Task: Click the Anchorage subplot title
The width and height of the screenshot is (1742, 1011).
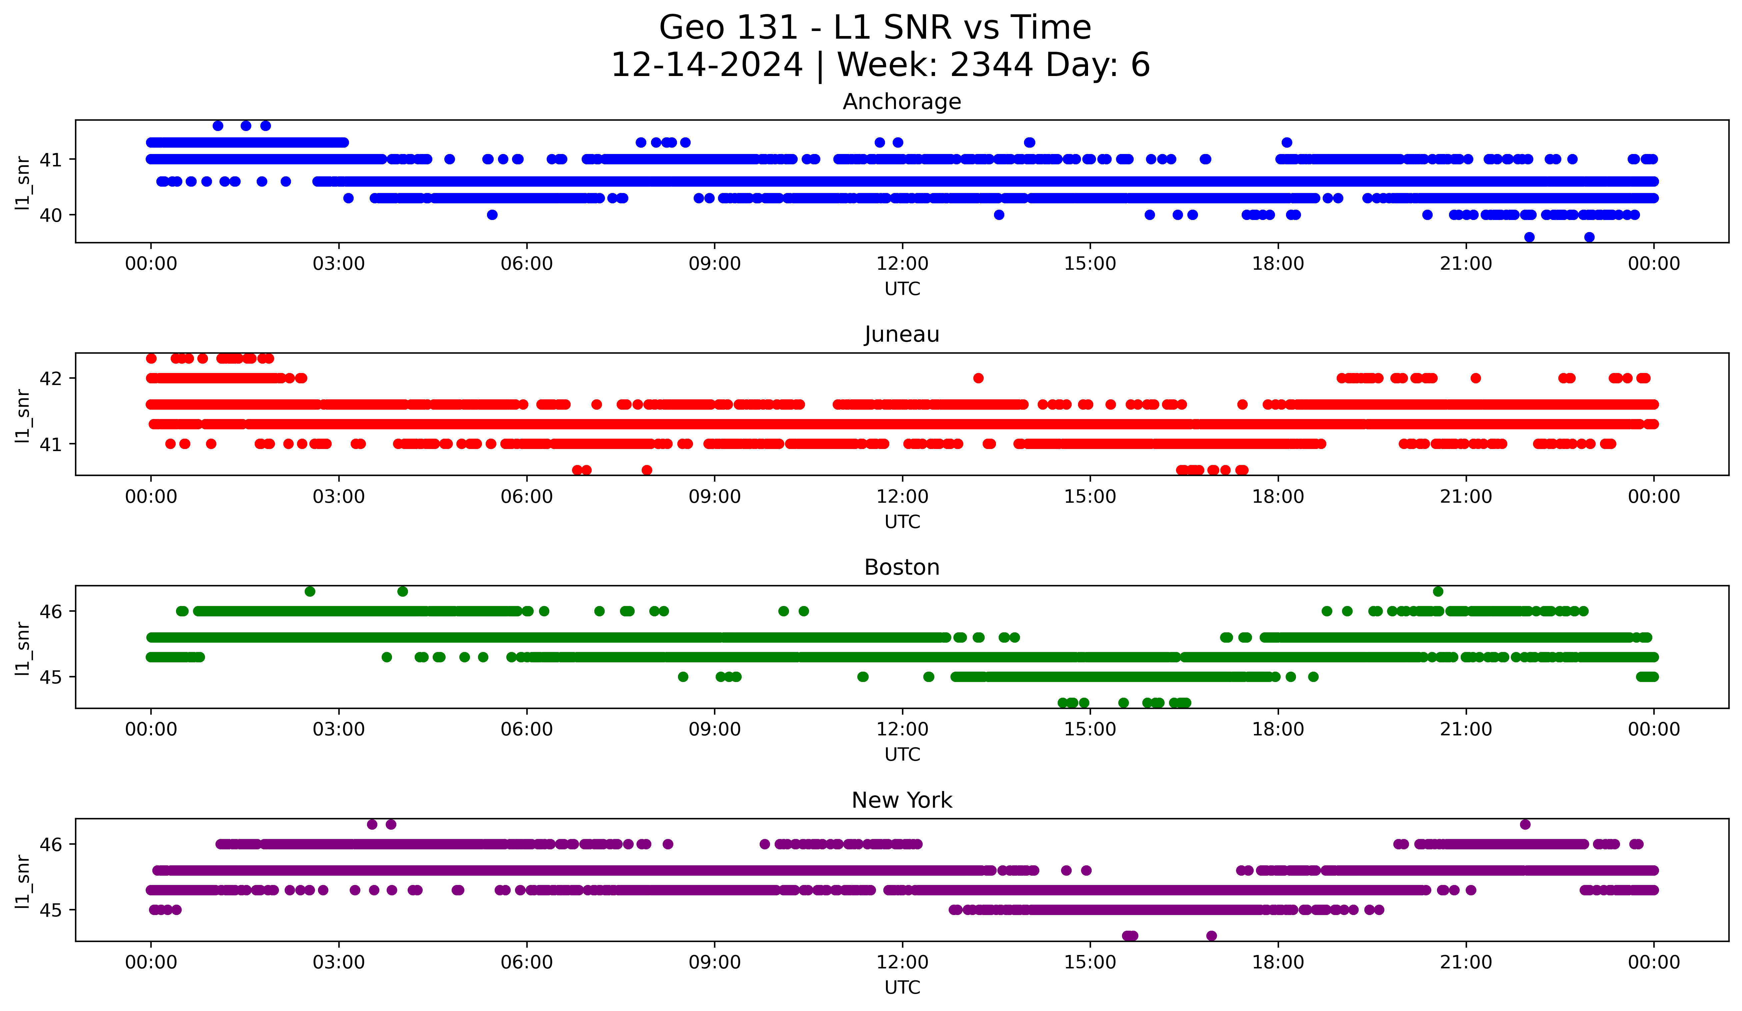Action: [901, 102]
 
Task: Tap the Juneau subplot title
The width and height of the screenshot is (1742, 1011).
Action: [901, 334]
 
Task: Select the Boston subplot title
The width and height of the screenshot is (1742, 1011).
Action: [901, 567]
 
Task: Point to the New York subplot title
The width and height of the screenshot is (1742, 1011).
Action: [901, 800]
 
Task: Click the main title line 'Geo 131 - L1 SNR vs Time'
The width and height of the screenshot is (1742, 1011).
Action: [875, 28]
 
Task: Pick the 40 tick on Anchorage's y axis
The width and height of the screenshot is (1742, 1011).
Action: [50, 215]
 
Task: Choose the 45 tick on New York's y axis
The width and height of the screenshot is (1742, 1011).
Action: [50, 910]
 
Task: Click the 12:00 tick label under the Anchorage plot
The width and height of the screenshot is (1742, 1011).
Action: [902, 264]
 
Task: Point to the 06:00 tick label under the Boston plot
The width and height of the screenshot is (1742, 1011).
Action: [527, 730]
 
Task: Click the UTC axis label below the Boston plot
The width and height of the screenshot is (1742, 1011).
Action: [902, 755]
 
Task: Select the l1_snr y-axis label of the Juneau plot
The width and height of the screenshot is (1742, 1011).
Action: [23, 415]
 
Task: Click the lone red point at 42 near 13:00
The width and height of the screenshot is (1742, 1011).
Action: [978, 378]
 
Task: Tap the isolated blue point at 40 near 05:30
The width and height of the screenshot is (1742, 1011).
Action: [492, 215]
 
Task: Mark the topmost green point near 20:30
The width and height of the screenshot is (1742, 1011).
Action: [1438, 592]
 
